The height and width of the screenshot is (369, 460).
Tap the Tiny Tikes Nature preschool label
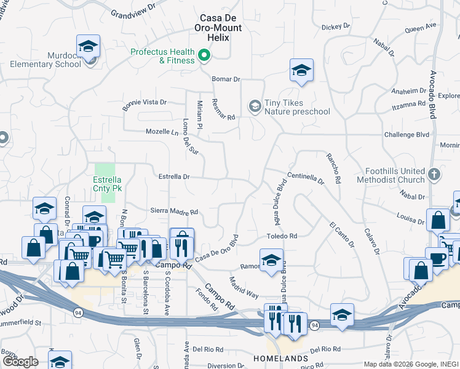pyautogui.click(x=288, y=107)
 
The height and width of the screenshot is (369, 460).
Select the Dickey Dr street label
pyautogui.click(x=336, y=26)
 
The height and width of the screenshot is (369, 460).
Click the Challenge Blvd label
pyautogui.click(x=405, y=134)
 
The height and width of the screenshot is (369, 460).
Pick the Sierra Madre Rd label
pyautogui.click(x=174, y=212)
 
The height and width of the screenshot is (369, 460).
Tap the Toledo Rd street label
pyautogui.click(x=282, y=236)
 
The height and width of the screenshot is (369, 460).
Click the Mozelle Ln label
pyautogui.click(x=162, y=132)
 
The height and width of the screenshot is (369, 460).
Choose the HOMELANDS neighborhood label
pyautogui.click(x=281, y=358)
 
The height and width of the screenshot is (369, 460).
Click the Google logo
pyautogui.click(x=20, y=362)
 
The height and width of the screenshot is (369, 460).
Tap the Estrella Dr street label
pyautogui.click(x=174, y=177)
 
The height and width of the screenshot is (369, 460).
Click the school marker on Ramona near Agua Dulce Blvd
pyautogui.click(x=271, y=260)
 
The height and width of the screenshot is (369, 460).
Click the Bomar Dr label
pyautogui.click(x=226, y=79)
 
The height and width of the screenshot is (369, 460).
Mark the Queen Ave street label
pyautogui.click(x=420, y=27)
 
